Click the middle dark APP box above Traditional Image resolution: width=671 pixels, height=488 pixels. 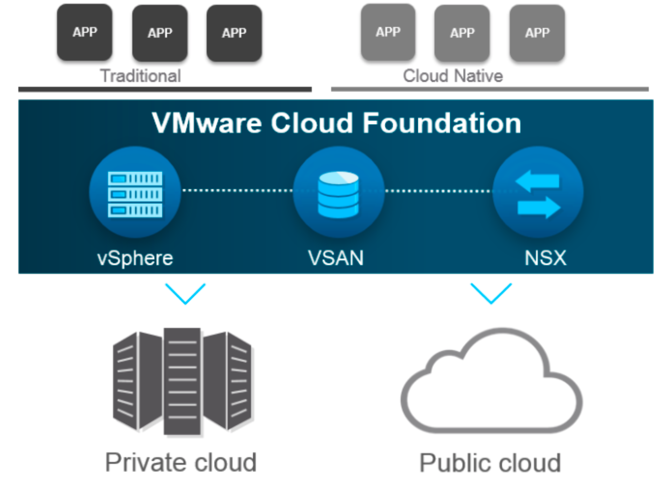click(x=160, y=33)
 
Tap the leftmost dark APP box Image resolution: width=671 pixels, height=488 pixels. click(x=85, y=32)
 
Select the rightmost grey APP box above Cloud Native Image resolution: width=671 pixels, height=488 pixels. click(x=537, y=33)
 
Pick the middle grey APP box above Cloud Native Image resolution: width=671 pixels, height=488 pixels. click(x=462, y=33)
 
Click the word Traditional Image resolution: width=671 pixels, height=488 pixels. click(x=140, y=76)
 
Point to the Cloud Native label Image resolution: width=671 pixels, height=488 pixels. click(x=453, y=76)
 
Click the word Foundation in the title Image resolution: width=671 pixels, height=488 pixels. click(x=442, y=123)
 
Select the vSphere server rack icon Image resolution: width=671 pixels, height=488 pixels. click(x=135, y=194)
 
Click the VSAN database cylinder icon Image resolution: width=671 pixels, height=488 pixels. click(x=338, y=194)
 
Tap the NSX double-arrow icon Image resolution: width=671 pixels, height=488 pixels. click(x=538, y=194)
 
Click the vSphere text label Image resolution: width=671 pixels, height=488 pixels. click(x=135, y=258)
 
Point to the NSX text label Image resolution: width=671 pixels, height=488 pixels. click(x=545, y=258)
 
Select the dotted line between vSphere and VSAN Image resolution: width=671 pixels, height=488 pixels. click(x=237, y=190)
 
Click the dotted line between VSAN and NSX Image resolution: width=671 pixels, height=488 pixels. click(x=438, y=191)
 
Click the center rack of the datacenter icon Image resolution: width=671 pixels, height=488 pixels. click(x=182, y=381)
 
